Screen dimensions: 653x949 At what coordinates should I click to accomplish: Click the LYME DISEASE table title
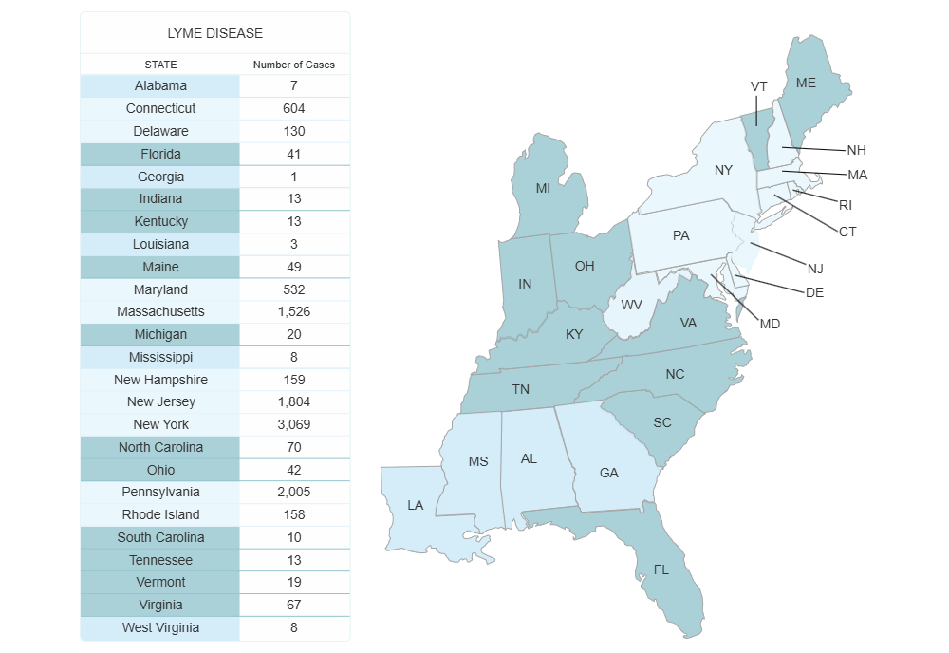click(x=214, y=33)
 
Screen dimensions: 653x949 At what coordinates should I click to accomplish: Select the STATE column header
click(x=160, y=65)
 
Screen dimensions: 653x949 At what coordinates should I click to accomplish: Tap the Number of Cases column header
click(x=294, y=65)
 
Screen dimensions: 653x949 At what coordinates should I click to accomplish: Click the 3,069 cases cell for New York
click(x=294, y=424)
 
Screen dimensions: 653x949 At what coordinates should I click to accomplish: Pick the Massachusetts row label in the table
click(x=160, y=311)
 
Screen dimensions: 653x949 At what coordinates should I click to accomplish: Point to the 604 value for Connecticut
click(x=294, y=108)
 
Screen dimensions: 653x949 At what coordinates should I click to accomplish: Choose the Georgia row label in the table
click(x=160, y=177)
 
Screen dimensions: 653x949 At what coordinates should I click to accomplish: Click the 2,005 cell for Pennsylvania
click(x=294, y=492)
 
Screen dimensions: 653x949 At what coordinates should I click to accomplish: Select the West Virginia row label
click(x=160, y=627)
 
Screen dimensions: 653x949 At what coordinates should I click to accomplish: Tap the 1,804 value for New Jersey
click(x=294, y=401)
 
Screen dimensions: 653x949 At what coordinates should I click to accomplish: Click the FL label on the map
click(x=661, y=570)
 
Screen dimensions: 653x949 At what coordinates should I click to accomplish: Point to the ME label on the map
click(x=806, y=84)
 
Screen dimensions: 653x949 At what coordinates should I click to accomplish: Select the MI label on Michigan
click(x=543, y=188)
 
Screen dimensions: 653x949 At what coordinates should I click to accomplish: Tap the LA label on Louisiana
click(x=416, y=505)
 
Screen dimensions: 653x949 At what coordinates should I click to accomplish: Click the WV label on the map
click(x=632, y=305)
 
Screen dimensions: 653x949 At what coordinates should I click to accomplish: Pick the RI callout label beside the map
click(x=845, y=205)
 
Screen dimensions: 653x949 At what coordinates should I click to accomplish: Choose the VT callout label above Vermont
click(x=758, y=86)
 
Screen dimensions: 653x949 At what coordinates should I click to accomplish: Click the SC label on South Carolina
click(x=662, y=422)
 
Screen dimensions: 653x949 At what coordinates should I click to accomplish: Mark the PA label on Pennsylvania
click(x=680, y=235)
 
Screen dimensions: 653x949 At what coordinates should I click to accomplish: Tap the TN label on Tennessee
click(x=521, y=389)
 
